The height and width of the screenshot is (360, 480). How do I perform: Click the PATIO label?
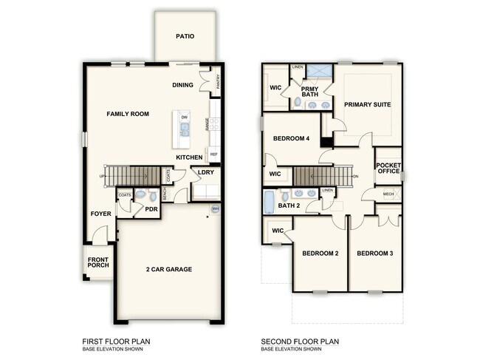pos(185,36)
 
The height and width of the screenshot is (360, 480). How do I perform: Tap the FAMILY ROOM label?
pos(128,114)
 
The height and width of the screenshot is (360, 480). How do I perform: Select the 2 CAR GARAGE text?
pos(169,269)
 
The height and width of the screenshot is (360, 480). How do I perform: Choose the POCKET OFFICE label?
pos(388,168)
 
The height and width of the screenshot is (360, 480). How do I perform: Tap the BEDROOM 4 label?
pos(291,138)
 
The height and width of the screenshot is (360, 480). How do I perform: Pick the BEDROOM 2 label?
pos(320,254)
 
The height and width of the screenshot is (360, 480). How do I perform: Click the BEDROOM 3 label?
pos(375,254)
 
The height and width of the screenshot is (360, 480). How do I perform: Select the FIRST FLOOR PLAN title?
pos(117,341)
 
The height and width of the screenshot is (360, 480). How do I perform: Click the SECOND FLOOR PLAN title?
pos(301,341)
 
